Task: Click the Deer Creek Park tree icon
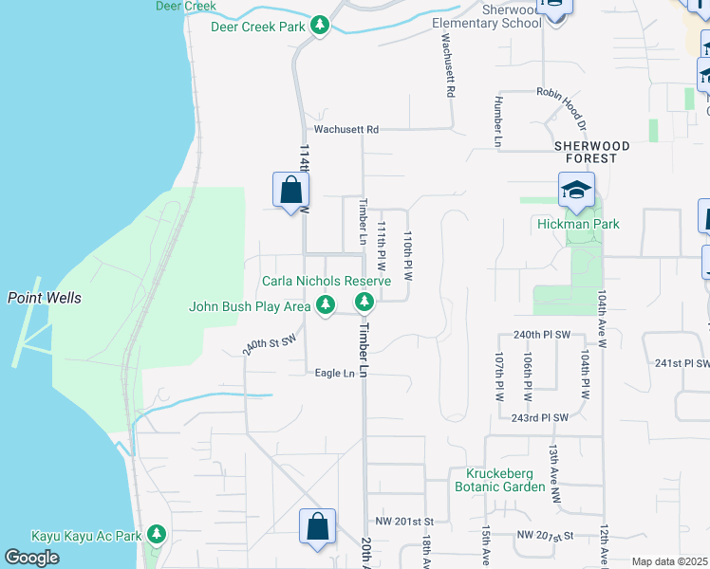point(321,27)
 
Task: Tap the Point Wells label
point(45,298)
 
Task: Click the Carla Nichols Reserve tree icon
point(364,303)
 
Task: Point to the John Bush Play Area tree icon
point(326,305)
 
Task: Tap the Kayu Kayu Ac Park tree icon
point(158,537)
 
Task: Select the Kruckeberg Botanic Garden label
point(506,480)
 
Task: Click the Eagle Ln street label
point(334,374)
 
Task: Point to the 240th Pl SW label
point(541,336)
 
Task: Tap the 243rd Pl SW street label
point(539,418)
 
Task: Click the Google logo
point(32,558)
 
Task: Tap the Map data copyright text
point(670,561)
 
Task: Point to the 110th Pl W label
point(408,257)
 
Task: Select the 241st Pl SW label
point(682,363)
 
